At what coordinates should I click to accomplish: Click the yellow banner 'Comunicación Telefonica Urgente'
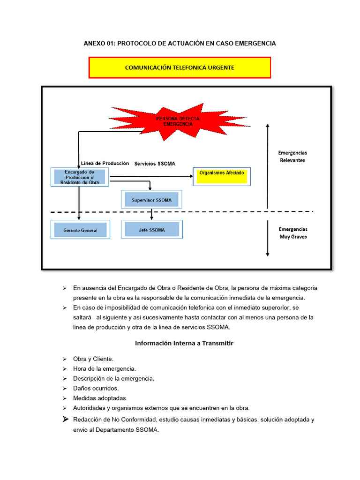[x=180, y=67]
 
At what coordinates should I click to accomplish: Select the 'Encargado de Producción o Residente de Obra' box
[x=79, y=177]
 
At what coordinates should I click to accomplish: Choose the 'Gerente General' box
[x=80, y=230]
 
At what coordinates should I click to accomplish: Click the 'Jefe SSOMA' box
[x=151, y=230]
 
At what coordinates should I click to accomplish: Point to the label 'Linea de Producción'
[x=105, y=163]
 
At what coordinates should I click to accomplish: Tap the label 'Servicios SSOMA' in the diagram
[x=155, y=164]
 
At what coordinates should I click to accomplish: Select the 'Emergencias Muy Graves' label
[x=293, y=233]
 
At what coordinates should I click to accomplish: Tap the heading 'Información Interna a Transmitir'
[x=184, y=343]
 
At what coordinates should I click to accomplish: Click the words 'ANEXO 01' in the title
[x=99, y=43]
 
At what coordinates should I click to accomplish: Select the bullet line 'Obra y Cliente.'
[x=93, y=359]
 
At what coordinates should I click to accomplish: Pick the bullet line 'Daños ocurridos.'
[x=96, y=388]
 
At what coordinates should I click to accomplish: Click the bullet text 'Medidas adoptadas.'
[x=100, y=398]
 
